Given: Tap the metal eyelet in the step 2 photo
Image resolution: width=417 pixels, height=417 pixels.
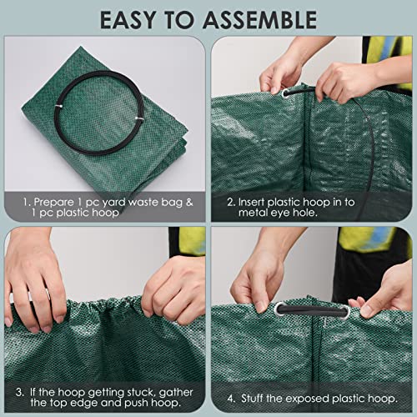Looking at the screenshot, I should [x=286, y=94].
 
